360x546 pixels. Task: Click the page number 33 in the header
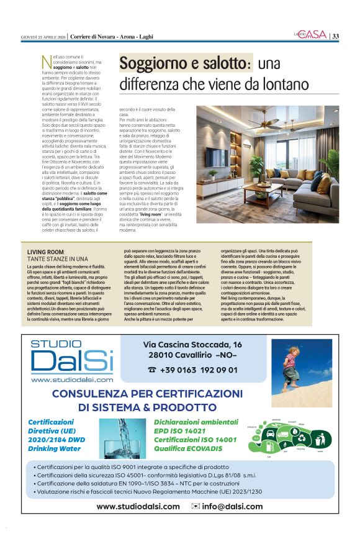(x=335, y=35)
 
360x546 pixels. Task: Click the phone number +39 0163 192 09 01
(x=192, y=369)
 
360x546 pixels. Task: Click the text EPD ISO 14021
(x=179, y=430)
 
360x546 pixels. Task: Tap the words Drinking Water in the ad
(x=55, y=448)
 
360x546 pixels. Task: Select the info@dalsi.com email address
(x=227, y=506)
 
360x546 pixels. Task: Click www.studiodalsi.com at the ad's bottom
(x=138, y=506)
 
